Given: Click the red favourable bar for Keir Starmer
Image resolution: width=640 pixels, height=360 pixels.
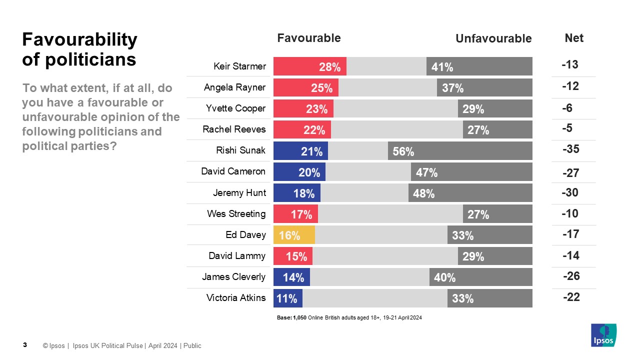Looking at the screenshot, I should point(309,66).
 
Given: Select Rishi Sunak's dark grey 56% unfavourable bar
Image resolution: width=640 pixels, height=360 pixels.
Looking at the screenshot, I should point(460,151).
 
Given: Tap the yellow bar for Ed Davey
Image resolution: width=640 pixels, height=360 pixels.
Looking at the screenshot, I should point(294,235).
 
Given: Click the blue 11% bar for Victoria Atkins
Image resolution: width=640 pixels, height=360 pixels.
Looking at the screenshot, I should point(287,298).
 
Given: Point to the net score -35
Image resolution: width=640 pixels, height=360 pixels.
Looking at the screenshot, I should point(570,149).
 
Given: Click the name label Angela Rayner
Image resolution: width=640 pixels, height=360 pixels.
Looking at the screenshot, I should point(234,87).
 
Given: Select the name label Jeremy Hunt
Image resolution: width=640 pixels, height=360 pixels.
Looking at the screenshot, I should point(239,192).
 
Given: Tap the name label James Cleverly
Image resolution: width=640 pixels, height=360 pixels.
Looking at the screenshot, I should point(233,276).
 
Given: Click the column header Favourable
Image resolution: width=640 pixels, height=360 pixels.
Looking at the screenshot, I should point(308,38).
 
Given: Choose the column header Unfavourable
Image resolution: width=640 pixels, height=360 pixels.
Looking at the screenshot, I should point(493,38).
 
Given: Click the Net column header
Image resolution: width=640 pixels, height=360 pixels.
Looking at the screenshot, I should point(573,38).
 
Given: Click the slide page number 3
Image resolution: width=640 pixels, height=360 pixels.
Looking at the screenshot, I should point(25,345).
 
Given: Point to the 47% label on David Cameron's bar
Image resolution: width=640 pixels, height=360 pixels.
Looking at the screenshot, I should point(427,173).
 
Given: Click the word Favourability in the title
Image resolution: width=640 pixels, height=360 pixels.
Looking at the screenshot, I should point(79,39).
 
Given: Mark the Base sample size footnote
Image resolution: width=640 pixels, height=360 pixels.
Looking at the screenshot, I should point(349,317).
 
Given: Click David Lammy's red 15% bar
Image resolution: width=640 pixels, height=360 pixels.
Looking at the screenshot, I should point(293,256).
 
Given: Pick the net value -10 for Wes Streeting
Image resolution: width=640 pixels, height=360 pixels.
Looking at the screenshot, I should point(569,214).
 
